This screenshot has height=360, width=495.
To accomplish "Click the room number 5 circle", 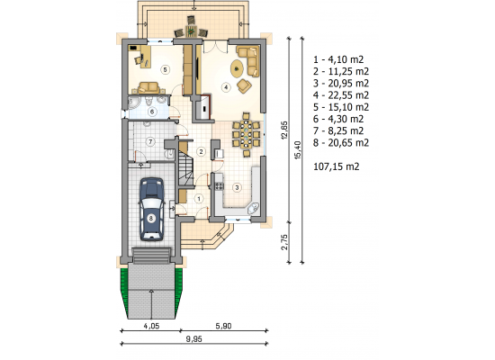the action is pos(165,69).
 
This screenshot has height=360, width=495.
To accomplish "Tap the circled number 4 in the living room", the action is pos(226,86).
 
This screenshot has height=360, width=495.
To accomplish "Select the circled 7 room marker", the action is pos(150,142).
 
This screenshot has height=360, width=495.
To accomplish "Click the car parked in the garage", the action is pos(152,210).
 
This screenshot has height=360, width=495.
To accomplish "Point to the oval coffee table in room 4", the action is pos(237,67).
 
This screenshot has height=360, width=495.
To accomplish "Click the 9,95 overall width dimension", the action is pos(193,339).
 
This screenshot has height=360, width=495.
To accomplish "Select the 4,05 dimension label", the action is pos(151,326).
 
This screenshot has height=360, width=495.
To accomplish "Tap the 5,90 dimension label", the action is pos(223,326).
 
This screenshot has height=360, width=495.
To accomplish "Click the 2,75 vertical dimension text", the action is pos(284,242).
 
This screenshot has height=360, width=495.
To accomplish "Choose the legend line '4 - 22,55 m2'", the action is pos(341,95).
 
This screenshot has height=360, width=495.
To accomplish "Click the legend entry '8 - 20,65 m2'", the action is pos(341,143).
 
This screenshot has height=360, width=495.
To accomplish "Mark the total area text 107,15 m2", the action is pos(337,166).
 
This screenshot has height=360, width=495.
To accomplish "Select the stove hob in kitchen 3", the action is pos(219,186).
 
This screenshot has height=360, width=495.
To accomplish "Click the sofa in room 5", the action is pos(148,88).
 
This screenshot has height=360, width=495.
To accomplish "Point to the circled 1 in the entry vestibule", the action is pos(199,199).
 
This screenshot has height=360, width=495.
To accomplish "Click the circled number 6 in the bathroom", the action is pos(152,112).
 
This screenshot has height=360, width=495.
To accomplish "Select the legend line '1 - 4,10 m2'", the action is pos(338,59).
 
